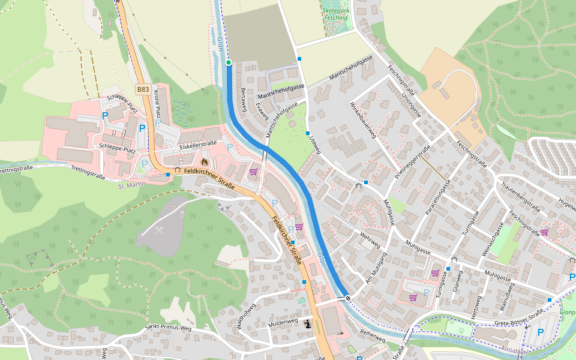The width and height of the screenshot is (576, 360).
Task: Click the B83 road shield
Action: click(142, 89)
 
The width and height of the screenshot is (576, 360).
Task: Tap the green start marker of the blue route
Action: click(228, 62)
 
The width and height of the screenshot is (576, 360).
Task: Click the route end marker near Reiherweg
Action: click(347, 297)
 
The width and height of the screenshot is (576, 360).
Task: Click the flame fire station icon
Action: click(204, 161)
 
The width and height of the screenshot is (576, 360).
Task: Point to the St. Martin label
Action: click(130, 186)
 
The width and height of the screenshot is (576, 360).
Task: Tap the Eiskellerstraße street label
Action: click(197, 145)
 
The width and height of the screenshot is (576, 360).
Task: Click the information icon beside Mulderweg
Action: click(308, 324)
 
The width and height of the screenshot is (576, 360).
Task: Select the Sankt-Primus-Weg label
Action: click(167, 328)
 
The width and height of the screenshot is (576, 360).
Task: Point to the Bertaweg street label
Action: click(244, 100)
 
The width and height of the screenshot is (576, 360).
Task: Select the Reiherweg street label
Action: click(372, 335)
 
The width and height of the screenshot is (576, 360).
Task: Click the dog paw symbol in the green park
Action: click(461, 329)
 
